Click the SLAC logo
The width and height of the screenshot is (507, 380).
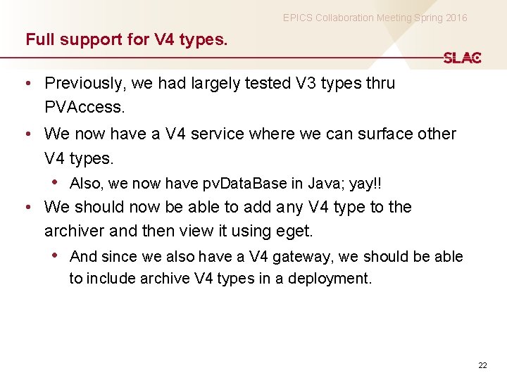(462, 58)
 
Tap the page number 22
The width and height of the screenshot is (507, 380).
(482, 365)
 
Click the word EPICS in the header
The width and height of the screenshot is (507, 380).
(297, 18)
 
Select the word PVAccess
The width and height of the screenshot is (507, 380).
(84, 108)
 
